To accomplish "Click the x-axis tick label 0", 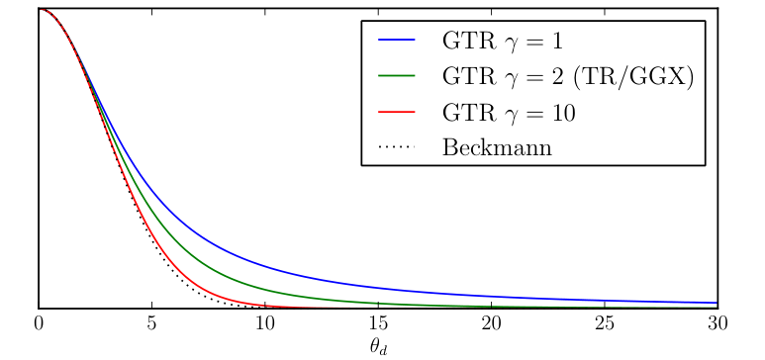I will coord(39,323).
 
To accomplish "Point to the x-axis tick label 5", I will coord(151,323).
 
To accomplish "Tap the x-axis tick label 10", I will coord(264,323).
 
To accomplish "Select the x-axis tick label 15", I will coord(378,323).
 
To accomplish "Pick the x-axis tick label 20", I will coord(491,323).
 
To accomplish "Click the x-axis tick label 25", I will coord(604,323).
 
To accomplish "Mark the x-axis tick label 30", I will coord(717,323).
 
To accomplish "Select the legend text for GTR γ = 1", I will coord(507,44).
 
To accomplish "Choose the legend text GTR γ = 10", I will coord(512,113).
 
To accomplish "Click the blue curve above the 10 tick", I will coord(264,264).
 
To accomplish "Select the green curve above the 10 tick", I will coord(264,289).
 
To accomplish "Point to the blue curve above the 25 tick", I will coord(604,299).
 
